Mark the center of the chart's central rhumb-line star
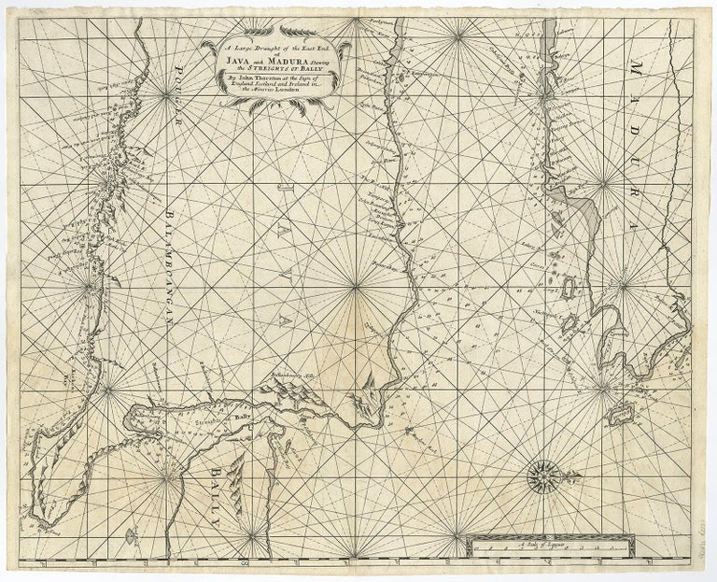356,289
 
